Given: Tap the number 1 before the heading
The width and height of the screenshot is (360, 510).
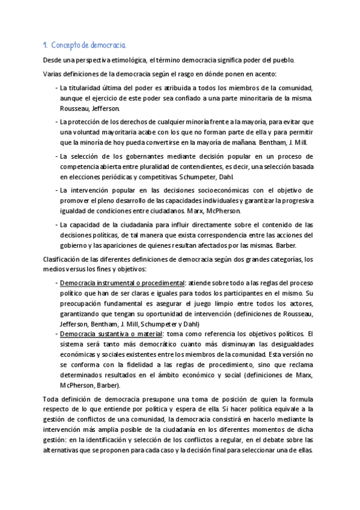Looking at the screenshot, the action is point(45,46).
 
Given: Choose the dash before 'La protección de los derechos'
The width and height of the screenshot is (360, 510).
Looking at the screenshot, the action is point(56,122).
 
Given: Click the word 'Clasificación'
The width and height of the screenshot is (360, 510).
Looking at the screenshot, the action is point(63,259).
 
